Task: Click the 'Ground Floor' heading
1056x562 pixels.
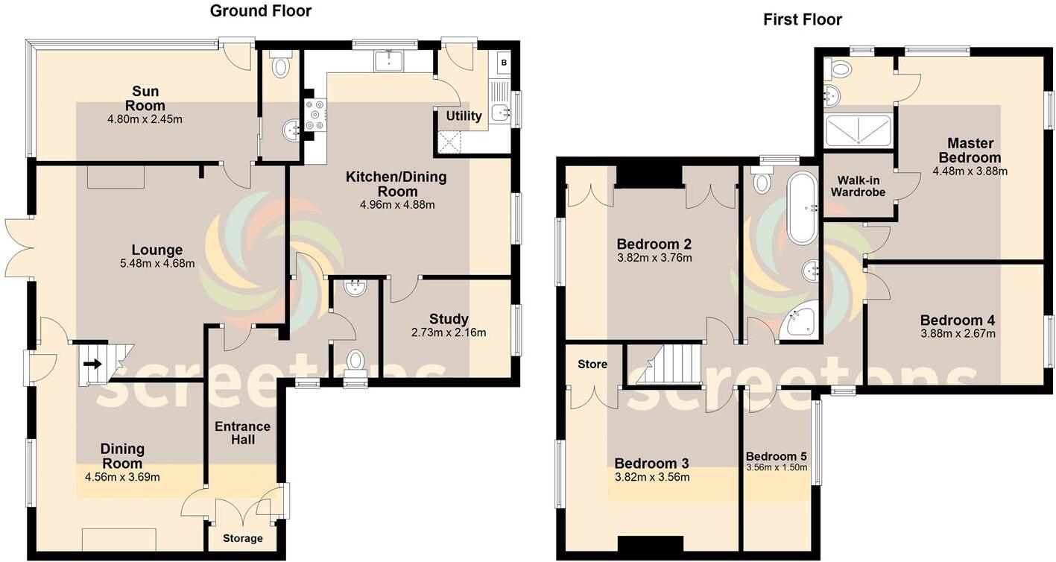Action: coord(260,10)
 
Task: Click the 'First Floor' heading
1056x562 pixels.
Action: coord(802,19)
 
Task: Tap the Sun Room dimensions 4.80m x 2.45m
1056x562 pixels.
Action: coord(145,119)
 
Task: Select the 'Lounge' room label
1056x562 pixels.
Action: coord(157,250)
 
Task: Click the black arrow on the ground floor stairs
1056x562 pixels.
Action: coord(92,364)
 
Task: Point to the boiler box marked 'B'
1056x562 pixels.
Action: coord(504,63)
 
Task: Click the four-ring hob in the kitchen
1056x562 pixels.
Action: coord(315,116)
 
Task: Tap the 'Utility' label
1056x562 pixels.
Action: coord(464,116)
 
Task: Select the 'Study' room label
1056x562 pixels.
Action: coord(449,319)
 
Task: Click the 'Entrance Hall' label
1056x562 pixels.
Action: coord(242,432)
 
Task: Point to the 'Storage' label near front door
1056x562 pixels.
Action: coord(242,538)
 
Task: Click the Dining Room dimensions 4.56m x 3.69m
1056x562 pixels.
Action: coord(122,477)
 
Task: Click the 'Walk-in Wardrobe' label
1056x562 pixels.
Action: coord(861,186)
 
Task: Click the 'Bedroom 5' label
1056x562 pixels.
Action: coord(777,456)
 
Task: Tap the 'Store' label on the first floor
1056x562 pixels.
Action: coord(592,364)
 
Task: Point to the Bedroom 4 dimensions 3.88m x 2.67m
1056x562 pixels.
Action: coord(958,334)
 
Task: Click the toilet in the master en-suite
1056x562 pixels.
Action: coord(840,69)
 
